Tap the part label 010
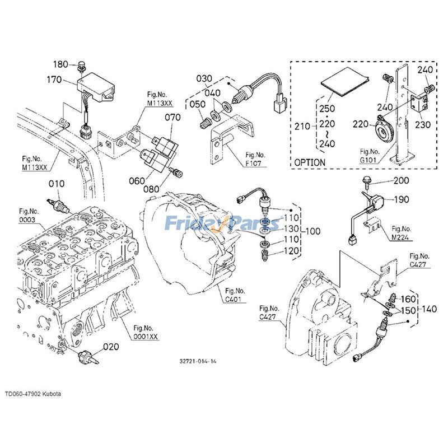tap(56, 184)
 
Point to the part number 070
tap(172, 118)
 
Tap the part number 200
tap(401, 180)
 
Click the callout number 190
tap(401, 199)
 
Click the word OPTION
tap(310, 162)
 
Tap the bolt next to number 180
tap(82, 65)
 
